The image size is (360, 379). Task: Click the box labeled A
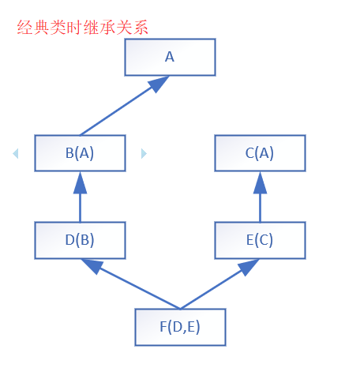170,57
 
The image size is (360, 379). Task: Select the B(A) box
80,153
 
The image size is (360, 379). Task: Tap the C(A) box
260,153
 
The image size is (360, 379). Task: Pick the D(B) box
80,240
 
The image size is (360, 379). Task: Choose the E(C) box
260,240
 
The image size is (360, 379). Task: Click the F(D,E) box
180,327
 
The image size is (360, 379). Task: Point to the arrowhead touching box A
159,84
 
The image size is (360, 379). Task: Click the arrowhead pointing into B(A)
80,183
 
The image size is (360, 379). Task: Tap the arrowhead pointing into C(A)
260,183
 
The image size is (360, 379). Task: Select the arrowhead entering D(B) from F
92,266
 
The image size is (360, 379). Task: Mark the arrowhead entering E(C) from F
248,267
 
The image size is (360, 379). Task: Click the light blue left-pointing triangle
16,153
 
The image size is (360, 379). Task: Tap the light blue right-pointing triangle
144,153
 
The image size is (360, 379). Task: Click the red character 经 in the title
25,28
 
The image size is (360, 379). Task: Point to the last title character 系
141,28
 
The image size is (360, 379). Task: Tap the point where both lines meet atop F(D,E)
180,309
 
